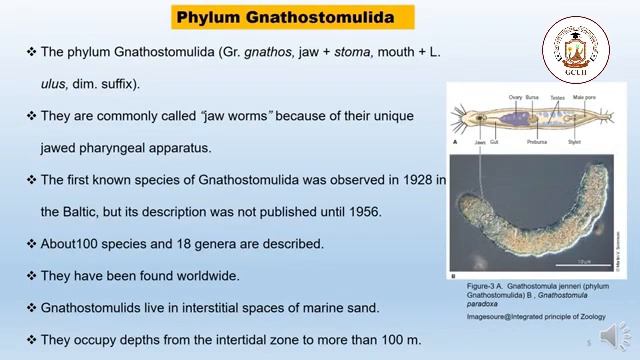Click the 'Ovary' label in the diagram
516,97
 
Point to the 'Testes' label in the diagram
558,97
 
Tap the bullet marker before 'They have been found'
31,276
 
